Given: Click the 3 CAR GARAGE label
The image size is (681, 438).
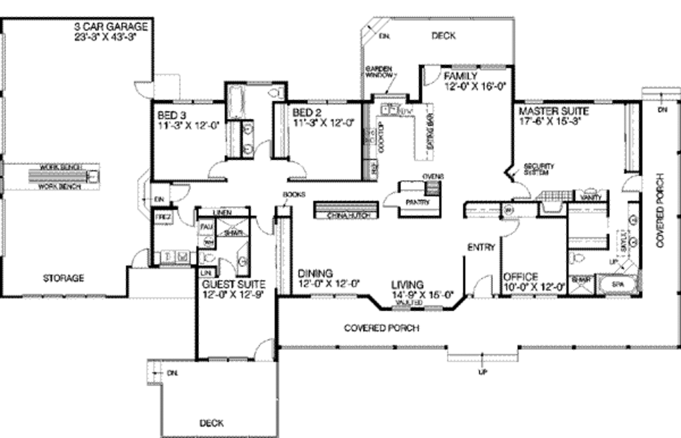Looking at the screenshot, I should (x=110, y=27).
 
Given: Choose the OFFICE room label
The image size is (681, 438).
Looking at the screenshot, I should (x=520, y=276).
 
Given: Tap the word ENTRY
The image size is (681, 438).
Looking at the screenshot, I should (x=481, y=247).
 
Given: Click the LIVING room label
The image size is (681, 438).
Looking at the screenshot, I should (x=407, y=284).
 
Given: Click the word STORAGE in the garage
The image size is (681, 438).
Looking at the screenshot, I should (x=64, y=278).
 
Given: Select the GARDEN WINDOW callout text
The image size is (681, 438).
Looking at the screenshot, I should (x=378, y=72).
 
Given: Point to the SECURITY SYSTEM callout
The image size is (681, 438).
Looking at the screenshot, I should (x=538, y=169).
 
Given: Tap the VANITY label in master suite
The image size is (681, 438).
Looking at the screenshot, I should (x=591, y=197).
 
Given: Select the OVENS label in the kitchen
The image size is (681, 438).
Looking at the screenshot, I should (x=432, y=176).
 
